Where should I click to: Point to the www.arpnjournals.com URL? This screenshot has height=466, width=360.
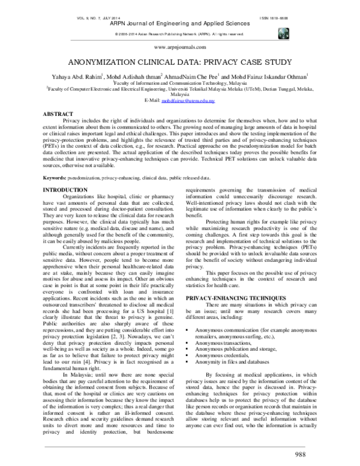pyautogui.click(x=180, y=46)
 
